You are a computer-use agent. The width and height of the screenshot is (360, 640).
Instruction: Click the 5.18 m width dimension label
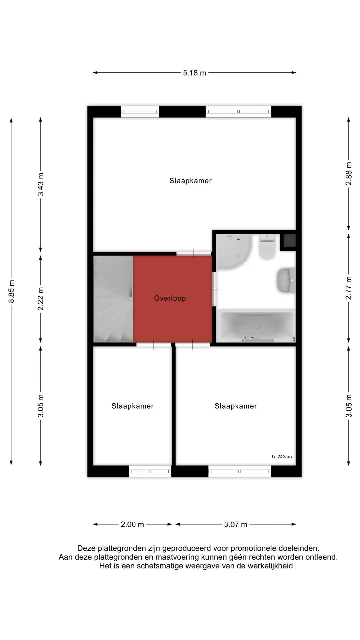tap(194, 73)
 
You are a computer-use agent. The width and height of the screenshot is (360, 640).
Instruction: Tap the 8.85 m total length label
tap(12, 291)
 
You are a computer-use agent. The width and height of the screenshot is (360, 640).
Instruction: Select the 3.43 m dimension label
tap(41, 184)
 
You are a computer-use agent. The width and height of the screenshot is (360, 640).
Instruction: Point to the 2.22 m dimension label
tap(41, 298)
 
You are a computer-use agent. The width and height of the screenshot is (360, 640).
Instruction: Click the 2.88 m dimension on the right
tap(349, 174)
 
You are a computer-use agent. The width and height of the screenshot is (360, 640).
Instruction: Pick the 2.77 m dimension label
tap(349, 288)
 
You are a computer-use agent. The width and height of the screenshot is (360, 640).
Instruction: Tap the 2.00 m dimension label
tap(132, 524)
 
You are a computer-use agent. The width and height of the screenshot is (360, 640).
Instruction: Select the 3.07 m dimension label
tap(236, 524)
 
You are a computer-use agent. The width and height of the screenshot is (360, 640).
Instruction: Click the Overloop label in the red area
tap(170, 298)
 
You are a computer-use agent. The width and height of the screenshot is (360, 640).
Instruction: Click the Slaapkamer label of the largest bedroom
tap(191, 181)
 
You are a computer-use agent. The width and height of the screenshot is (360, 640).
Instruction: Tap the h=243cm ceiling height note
tap(282, 456)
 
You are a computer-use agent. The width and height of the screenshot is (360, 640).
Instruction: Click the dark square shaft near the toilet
tap(289, 241)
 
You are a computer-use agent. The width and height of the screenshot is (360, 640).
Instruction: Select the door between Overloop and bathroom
tap(214, 289)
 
